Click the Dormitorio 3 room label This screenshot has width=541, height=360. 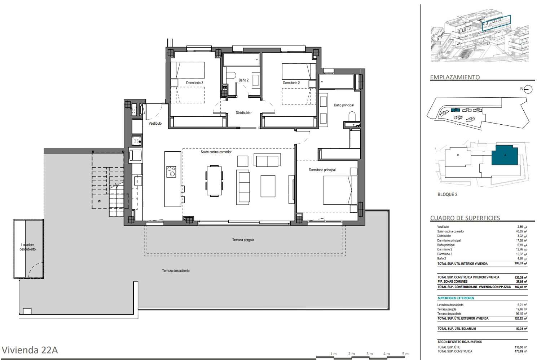[x=194, y=83]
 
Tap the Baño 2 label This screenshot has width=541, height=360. [x=243, y=80]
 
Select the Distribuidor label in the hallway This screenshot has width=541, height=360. [x=243, y=113]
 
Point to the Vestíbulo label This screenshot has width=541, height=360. [x=155, y=123]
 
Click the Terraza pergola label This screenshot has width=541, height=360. [x=243, y=240]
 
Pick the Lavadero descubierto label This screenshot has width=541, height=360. [x=28, y=247]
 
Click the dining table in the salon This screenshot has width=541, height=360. [x=214, y=180]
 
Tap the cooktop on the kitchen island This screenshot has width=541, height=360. [x=171, y=172]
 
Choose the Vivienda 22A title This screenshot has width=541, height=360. [x=30, y=350]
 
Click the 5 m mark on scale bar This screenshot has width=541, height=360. [x=405, y=354]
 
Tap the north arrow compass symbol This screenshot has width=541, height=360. [x=528, y=89]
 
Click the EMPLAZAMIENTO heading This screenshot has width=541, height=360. [x=455, y=77]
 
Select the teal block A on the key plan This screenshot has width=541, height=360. [x=505, y=156]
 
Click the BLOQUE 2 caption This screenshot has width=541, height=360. [x=447, y=194]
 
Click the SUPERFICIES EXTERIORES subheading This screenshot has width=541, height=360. [x=456, y=298]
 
